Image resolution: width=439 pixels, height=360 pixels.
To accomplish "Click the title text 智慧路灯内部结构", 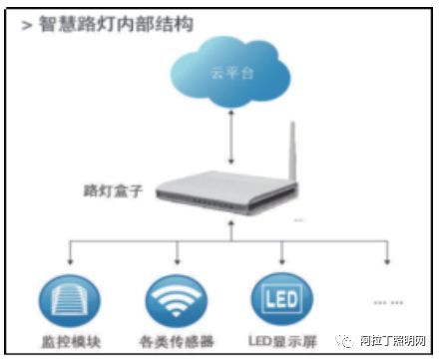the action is (x=115, y=22).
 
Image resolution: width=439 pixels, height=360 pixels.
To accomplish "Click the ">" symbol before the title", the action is (x=28, y=22).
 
